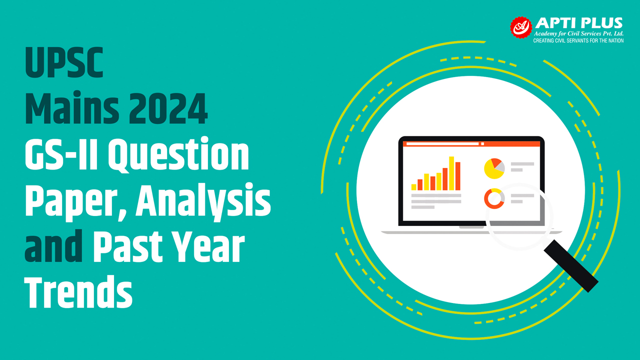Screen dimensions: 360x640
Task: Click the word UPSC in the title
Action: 64,62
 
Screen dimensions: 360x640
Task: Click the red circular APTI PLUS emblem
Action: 520,28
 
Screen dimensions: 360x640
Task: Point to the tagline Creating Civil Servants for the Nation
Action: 578,40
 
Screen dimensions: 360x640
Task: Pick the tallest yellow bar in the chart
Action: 451,173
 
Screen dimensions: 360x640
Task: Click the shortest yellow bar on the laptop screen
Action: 414,187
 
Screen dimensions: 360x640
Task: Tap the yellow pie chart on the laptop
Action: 493,169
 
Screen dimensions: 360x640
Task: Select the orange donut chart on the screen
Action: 493,199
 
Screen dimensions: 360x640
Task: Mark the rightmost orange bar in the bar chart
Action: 457,176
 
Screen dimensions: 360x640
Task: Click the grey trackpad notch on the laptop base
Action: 471,227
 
